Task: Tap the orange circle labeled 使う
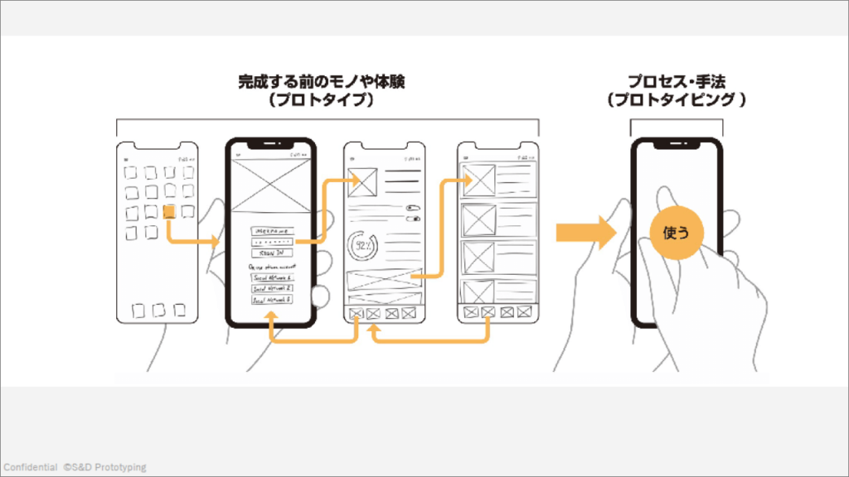pyautogui.click(x=676, y=233)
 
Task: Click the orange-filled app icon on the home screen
pyautogui.click(x=169, y=212)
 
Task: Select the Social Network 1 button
pyautogui.click(x=270, y=277)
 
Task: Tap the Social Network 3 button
pyautogui.click(x=270, y=299)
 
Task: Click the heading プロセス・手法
pyautogui.click(x=676, y=82)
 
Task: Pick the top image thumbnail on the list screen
pyautogui.click(x=478, y=181)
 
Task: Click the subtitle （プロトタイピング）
pyautogui.click(x=676, y=100)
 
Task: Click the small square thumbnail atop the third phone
pyautogui.click(x=363, y=181)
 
